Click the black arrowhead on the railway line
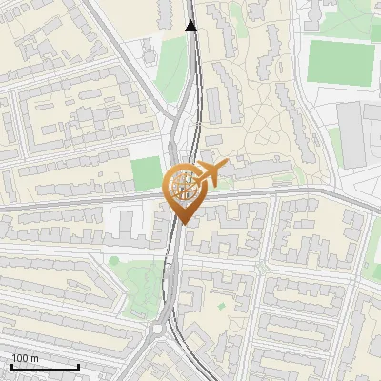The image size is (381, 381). [x=191, y=26]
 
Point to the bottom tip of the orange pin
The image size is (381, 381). [x=183, y=223]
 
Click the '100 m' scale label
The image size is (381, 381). [x=26, y=357]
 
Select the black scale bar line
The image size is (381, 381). [x=45, y=367]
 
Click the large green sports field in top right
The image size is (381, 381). [x=340, y=61]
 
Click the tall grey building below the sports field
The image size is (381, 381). [x=351, y=132]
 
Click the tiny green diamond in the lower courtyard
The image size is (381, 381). [x=220, y=306]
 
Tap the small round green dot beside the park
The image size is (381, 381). [x=114, y=260]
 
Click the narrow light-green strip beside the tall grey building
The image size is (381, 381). [x=334, y=143]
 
